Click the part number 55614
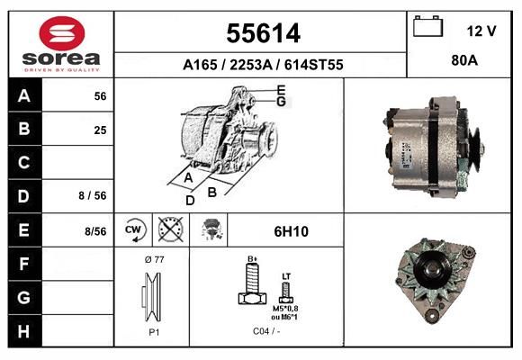(262, 33)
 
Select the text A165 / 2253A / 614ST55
(262, 65)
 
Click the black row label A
(24, 96)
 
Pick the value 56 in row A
(100, 96)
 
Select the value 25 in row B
(100, 130)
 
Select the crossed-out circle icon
(168, 229)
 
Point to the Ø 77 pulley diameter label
(153, 259)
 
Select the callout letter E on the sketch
(281, 89)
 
